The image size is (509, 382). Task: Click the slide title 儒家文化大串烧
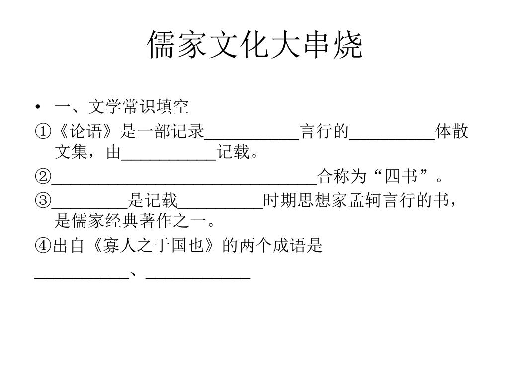254,46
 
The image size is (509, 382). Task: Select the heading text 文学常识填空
139,107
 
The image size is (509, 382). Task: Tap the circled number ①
43,132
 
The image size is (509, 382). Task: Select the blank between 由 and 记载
169,155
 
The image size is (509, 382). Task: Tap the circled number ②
43,176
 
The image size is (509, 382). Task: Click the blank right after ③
89,203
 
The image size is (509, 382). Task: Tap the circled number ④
43,246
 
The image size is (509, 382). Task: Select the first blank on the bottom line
81,274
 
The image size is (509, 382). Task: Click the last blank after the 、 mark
198,274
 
